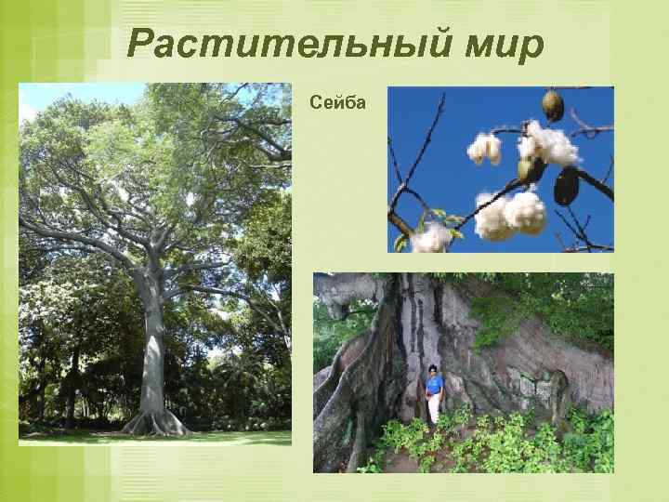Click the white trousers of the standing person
click(434, 407)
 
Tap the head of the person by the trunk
click(433, 370)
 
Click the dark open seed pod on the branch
click(566, 185)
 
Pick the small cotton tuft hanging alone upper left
click(484, 148)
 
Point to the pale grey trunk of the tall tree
click(151, 353)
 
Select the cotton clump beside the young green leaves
click(432, 239)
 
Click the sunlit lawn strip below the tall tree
click(223, 436)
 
